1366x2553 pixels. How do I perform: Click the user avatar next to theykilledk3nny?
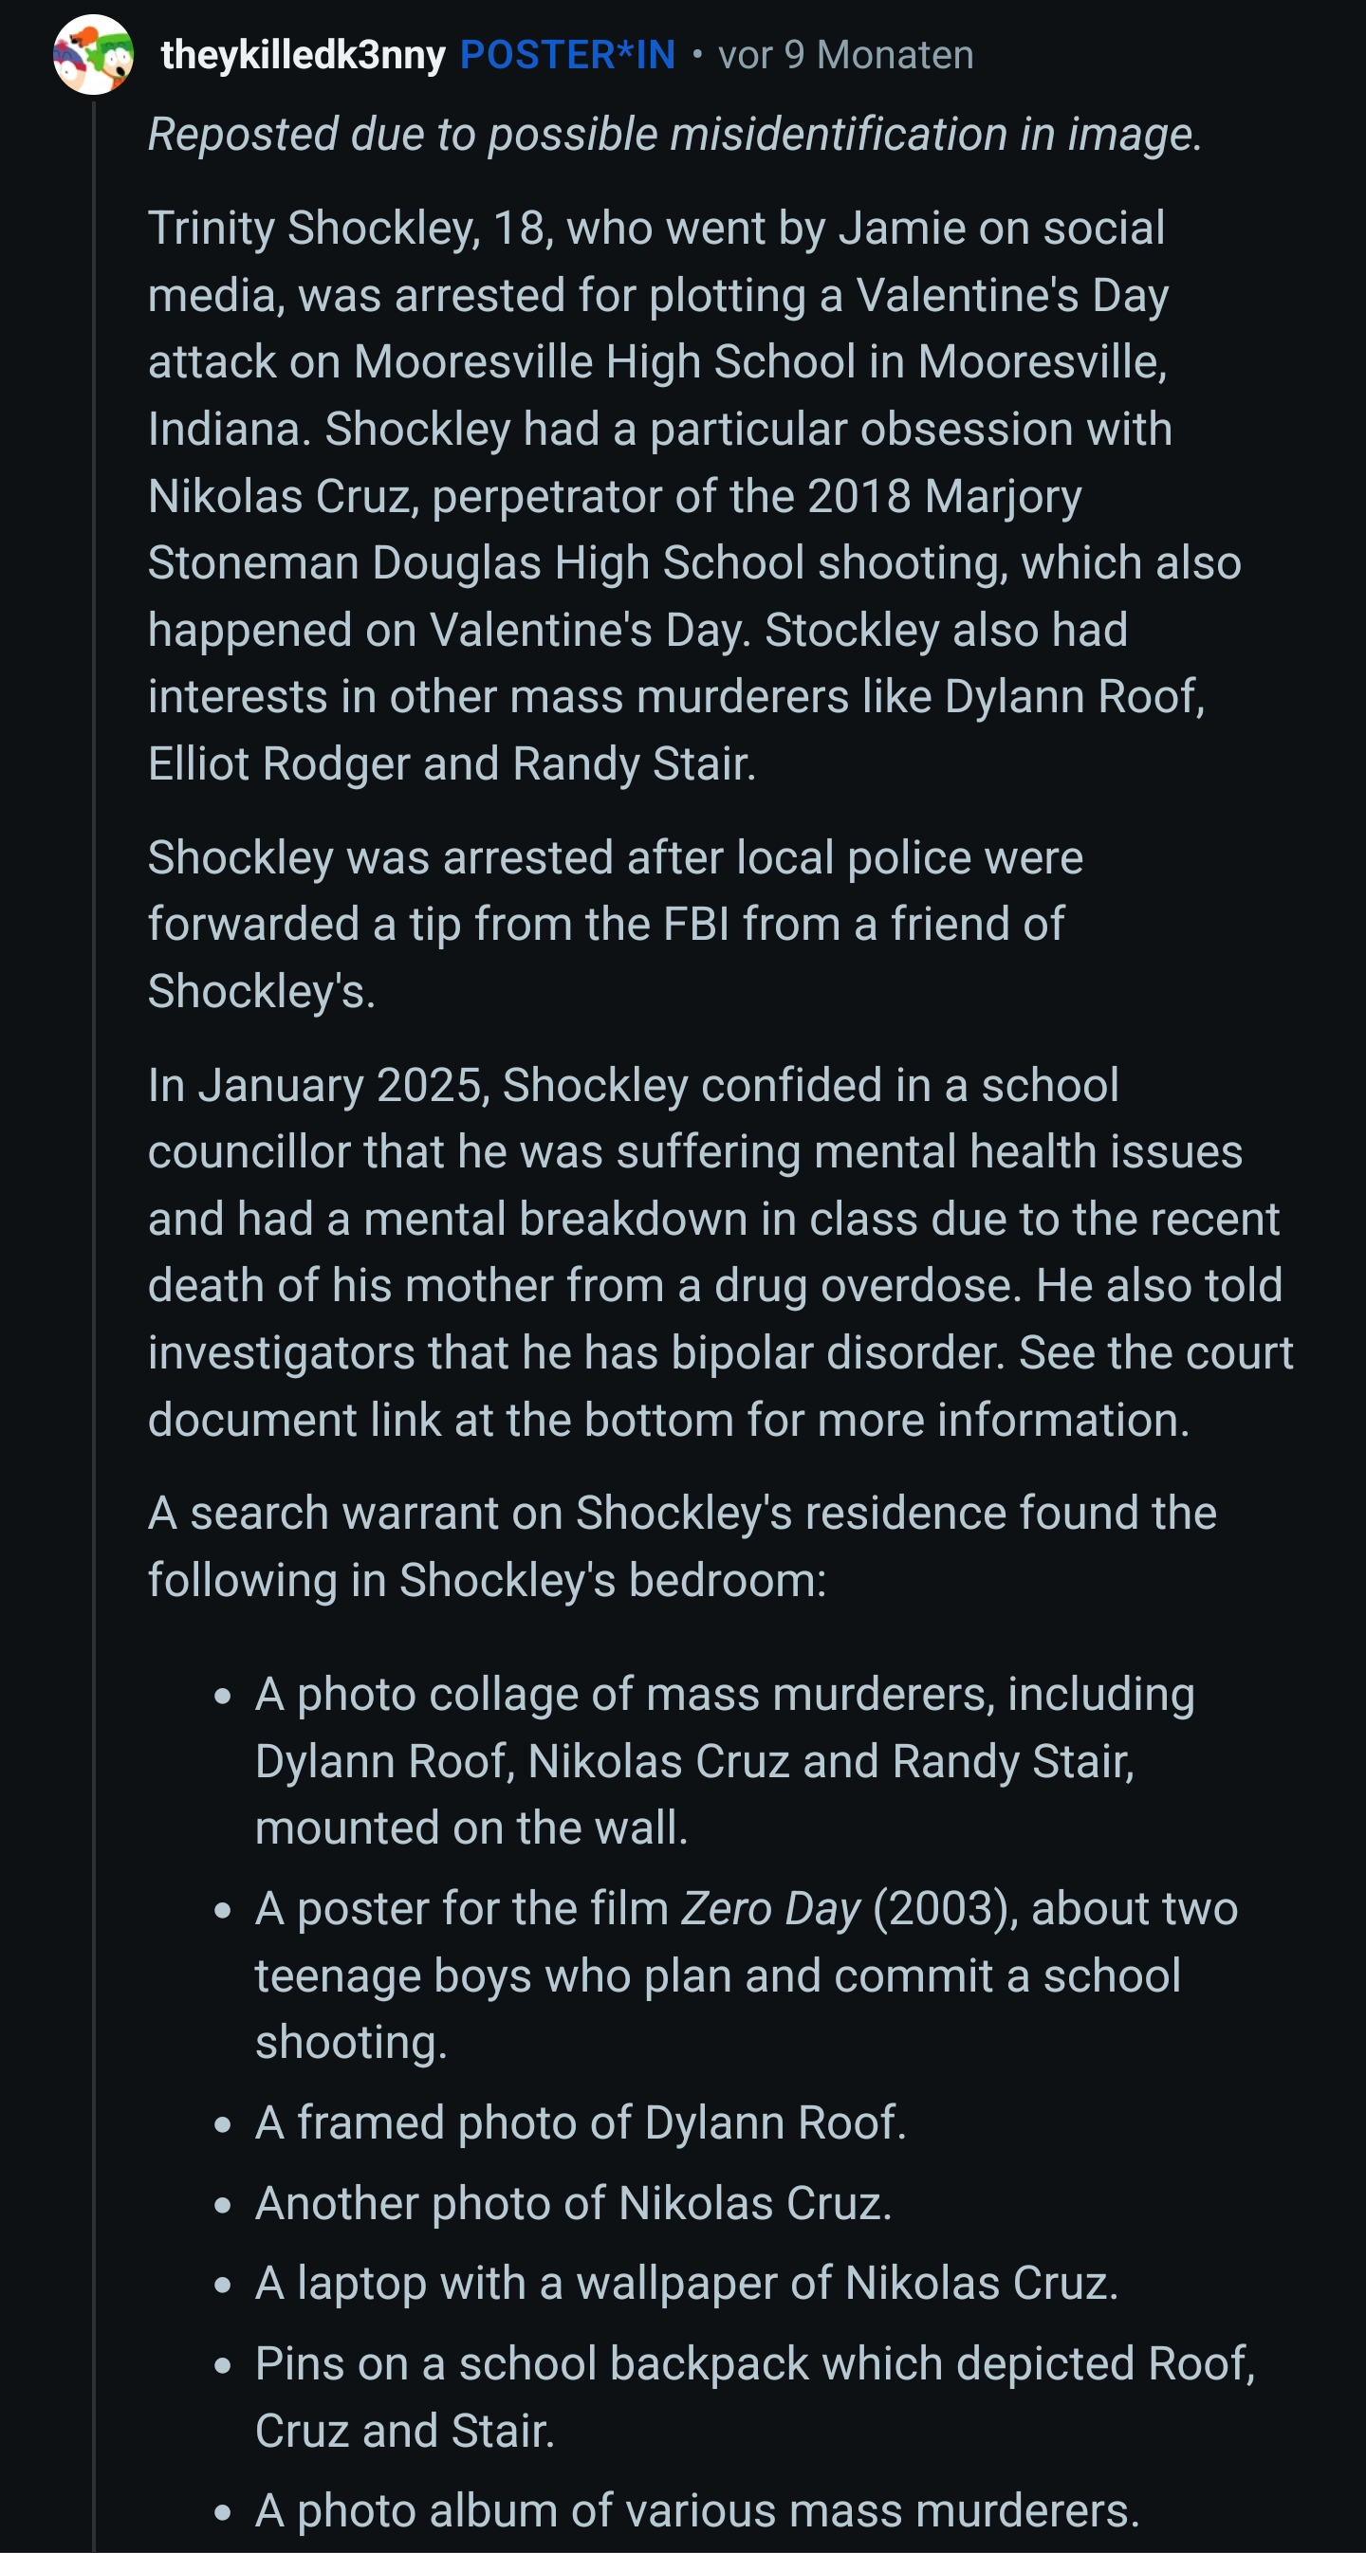pyautogui.click(x=93, y=54)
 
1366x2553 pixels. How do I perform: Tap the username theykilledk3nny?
pyautogui.click(x=303, y=54)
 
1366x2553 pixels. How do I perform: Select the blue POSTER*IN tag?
pyautogui.click(x=567, y=54)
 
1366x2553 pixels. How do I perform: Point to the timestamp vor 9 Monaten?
pyautogui.click(x=844, y=54)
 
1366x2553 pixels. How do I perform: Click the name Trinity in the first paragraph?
pyautogui.click(x=212, y=228)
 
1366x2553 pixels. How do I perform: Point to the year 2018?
pyautogui.click(x=858, y=496)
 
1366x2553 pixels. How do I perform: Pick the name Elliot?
pyautogui.click(x=198, y=764)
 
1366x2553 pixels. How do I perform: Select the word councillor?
pyautogui.click(x=248, y=1151)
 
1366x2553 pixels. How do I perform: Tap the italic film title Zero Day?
pyautogui.click(x=770, y=1909)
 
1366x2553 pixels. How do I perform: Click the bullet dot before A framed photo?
pyautogui.click(x=223, y=2125)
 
